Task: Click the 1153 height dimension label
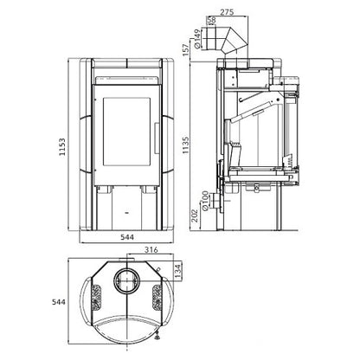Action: point(62,147)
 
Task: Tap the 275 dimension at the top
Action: point(227,12)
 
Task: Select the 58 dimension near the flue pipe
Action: point(211,20)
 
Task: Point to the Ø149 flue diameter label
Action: point(197,38)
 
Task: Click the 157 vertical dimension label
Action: point(186,49)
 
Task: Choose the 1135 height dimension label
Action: point(186,145)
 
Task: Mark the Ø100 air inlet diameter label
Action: point(205,201)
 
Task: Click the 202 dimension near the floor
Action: point(196,215)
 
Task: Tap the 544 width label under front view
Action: point(127,237)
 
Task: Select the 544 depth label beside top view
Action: point(59,302)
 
